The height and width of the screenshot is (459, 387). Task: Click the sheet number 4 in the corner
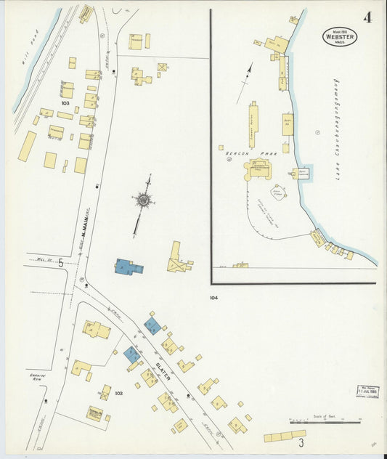(x=368, y=17)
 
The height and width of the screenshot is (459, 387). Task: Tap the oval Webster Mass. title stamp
(x=340, y=36)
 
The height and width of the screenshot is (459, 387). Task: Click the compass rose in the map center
(x=144, y=199)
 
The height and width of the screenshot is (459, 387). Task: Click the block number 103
(x=65, y=103)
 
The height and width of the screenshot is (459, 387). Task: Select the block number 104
(x=213, y=298)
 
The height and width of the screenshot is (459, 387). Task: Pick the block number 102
(x=118, y=394)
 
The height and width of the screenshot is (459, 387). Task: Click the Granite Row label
(x=38, y=378)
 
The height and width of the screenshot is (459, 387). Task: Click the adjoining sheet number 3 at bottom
(x=300, y=441)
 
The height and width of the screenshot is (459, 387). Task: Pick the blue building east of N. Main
(x=129, y=267)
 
